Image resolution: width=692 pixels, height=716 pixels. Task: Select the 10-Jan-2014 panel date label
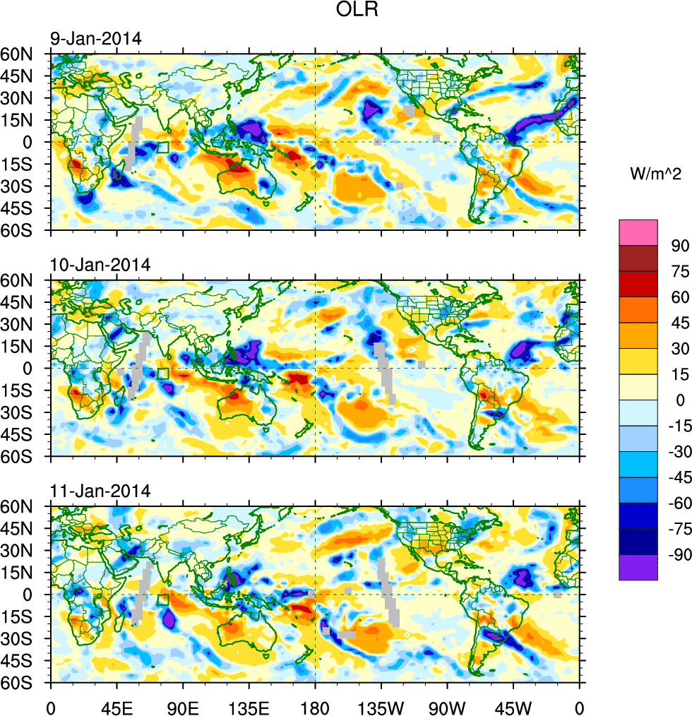[100, 265]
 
